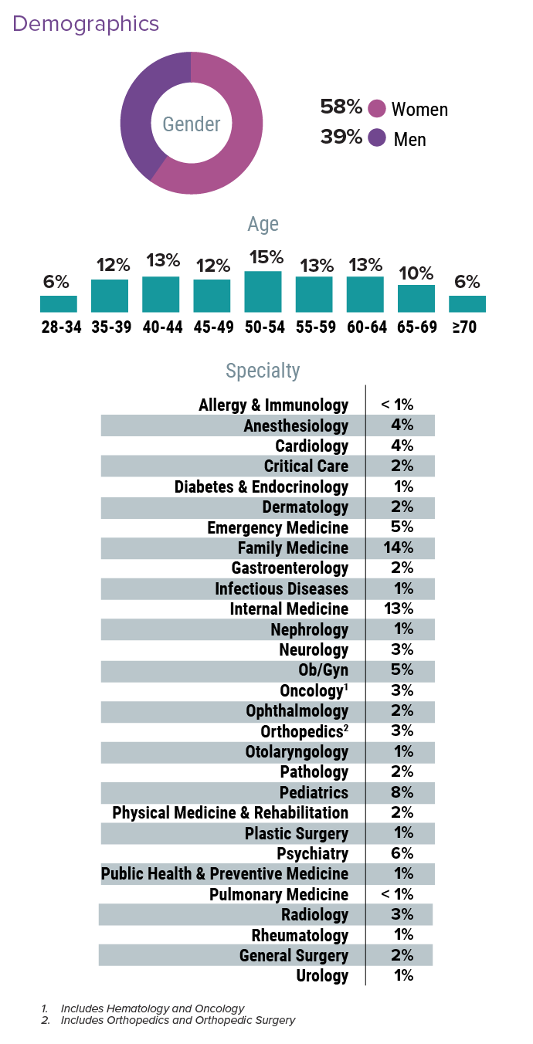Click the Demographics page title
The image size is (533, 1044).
tap(86, 24)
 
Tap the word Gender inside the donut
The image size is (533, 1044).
tap(191, 124)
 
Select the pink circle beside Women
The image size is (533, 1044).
tap(377, 109)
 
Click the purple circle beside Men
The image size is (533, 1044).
tap(377, 138)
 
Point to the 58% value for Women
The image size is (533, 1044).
tap(341, 107)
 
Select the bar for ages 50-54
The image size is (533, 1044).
tap(263, 291)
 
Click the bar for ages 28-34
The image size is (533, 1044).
tap(59, 303)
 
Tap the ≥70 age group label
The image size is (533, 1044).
tap(467, 327)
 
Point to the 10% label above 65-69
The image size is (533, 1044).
tap(416, 273)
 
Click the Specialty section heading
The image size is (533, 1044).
tap(263, 371)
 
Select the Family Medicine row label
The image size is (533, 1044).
tap(293, 548)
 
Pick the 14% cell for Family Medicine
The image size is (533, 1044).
tap(398, 548)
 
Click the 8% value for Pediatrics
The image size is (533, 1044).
tap(398, 793)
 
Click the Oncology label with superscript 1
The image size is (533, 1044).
tap(314, 690)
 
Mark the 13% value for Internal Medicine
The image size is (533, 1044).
tap(398, 609)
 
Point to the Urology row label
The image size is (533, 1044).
tap(322, 976)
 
